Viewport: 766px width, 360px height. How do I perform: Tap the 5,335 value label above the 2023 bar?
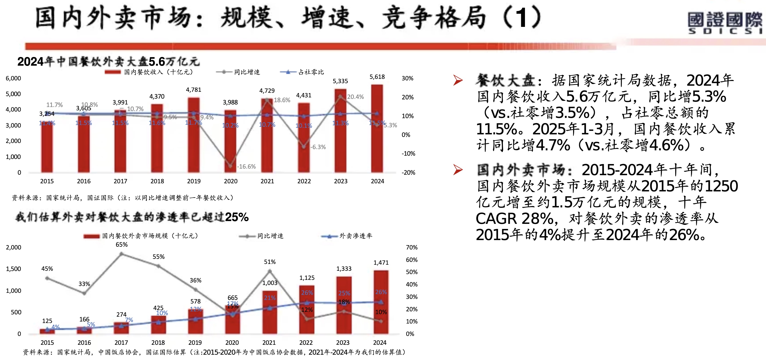coord(340,81)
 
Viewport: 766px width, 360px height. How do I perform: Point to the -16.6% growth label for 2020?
coord(246,166)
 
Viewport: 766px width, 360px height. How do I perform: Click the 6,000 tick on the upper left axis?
coord(13,78)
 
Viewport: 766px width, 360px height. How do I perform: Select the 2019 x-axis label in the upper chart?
coord(194,181)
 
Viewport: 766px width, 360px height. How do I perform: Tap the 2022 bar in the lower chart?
coord(307,309)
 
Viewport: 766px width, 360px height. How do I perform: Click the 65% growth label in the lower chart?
coord(122,245)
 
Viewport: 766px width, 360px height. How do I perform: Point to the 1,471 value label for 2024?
coord(381,262)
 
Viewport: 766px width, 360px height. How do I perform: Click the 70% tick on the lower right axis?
coord(412,247)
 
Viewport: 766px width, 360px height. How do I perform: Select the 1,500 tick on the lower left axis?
coord(13,269)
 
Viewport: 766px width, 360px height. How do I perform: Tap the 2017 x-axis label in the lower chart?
coord(121,343)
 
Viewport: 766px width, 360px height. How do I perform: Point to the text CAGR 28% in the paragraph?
coord(515,219)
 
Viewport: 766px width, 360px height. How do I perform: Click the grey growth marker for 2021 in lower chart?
coord(270,271)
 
